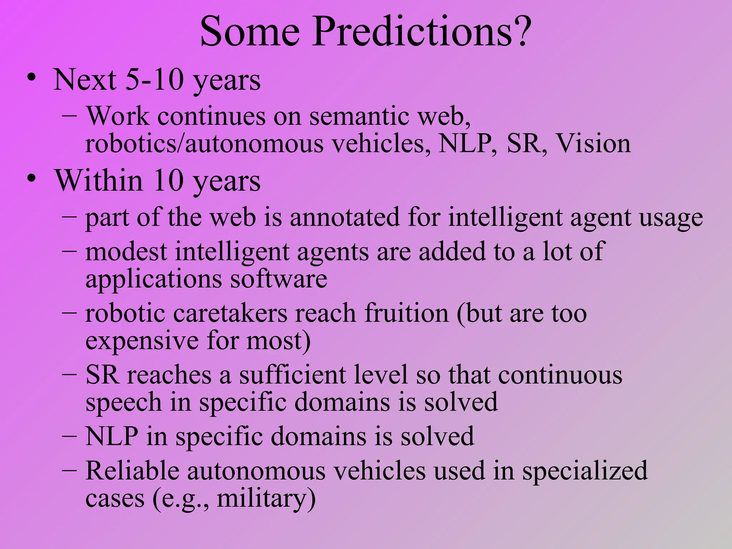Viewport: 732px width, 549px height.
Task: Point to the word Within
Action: click(99, 180)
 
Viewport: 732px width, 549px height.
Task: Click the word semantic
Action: click(359, 117)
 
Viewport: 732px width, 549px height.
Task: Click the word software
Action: click(278, 279)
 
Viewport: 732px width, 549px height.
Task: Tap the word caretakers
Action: click(230, 314)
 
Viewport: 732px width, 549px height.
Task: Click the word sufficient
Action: click(292, 375)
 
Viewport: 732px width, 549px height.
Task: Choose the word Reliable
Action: click(132, 471)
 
